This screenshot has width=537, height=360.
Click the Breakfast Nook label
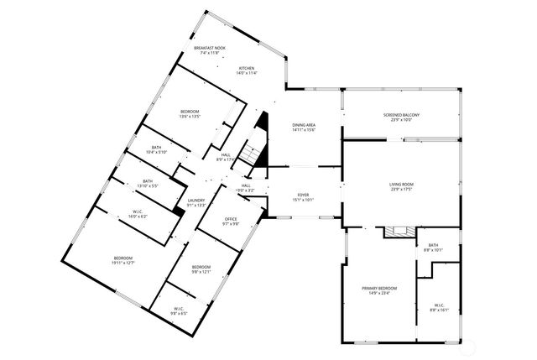[x=209, y=50]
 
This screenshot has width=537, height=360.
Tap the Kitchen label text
[x=247, y=70]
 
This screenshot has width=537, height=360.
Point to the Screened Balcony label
[x=401, y=117]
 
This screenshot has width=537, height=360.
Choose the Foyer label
[x=303, y=197]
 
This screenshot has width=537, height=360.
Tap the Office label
[x=231, y=222]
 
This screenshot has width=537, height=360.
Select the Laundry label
[x=196, y=202]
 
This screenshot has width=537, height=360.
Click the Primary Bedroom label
[x=379, y=290]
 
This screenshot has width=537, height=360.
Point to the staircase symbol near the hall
[x=249, y=154]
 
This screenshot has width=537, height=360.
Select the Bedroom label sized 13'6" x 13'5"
[x=190, y=114]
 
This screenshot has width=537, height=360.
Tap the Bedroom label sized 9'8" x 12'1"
[x=201, y=269]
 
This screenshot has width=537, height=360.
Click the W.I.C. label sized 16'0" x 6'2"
[x=138, y=214]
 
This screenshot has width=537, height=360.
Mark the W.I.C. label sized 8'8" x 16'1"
[x=440, y=307]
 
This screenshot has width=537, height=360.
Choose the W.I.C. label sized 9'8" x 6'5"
[x=180, y=310]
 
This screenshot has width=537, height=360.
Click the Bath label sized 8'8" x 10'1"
[x=433, y=248]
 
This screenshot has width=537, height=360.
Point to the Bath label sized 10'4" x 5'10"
[x=157, y=150]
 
